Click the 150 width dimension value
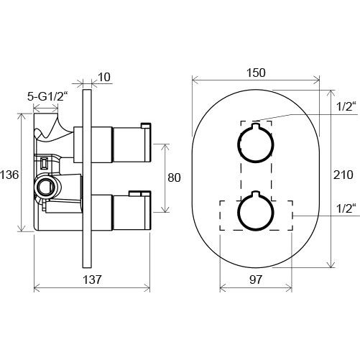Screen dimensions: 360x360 point(256,73)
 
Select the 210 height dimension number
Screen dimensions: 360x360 point(343,175)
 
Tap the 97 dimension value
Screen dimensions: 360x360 point(256,280)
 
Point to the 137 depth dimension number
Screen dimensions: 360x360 point(92,280)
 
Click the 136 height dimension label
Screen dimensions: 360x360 point(9,175)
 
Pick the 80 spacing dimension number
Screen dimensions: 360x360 point(174,177)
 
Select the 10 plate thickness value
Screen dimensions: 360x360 point(104,77)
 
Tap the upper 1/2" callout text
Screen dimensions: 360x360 point(346,106)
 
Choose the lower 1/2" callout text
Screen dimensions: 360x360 point(346,208)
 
